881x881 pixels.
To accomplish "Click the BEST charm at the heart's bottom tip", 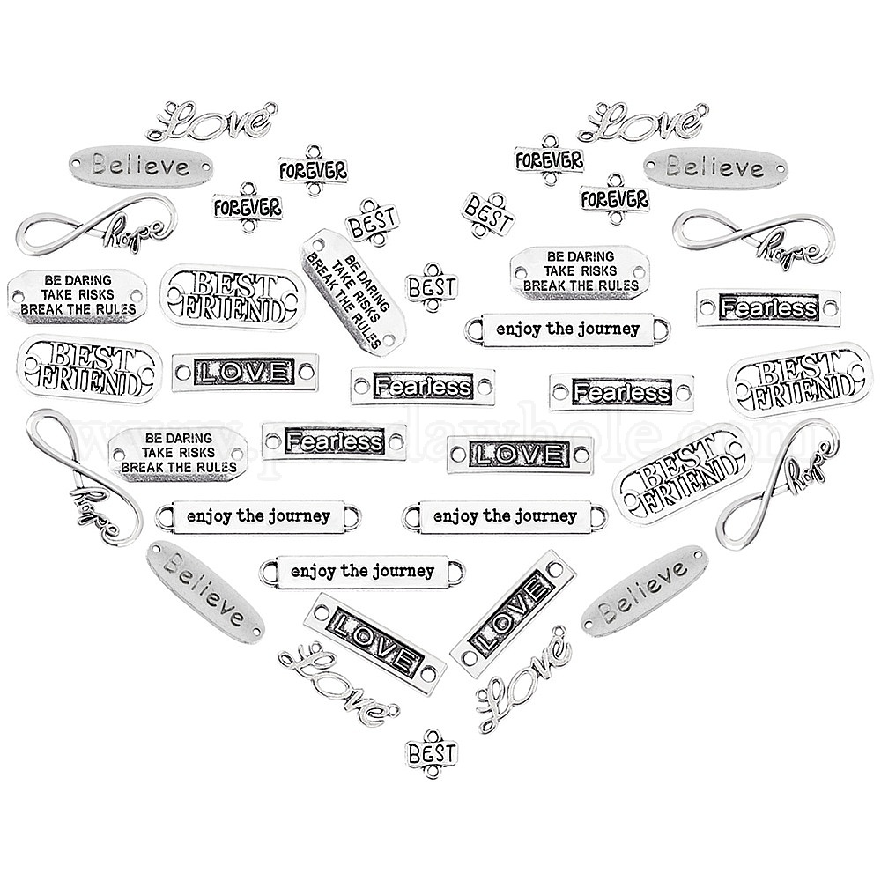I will pyautogui.click(x=432, y=753).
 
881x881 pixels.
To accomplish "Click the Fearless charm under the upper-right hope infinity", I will pyautogui.click(x=768, y=308).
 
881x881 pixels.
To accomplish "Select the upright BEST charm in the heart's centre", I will pyautogui.click(x=433, y=286).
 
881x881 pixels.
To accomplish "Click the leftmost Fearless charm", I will pyautogui.click(x=335, y=441).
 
